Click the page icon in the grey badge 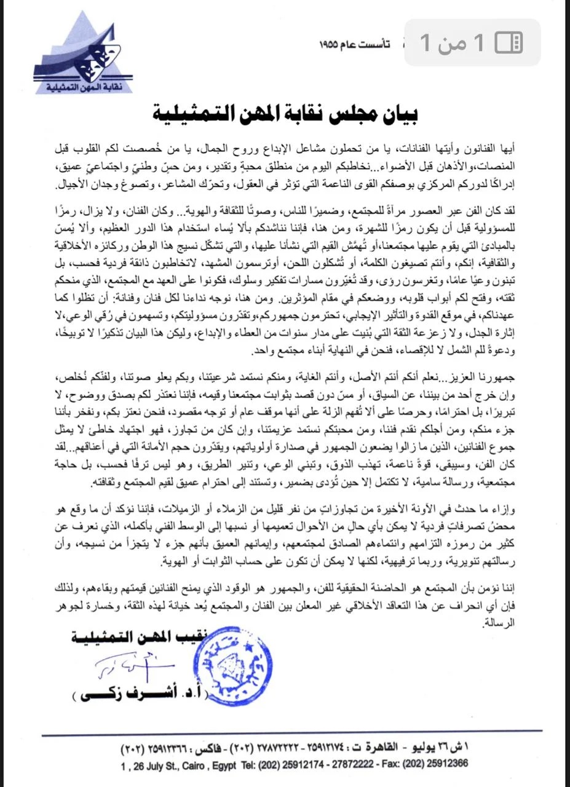pyautogui.click(x=509, y=42)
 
